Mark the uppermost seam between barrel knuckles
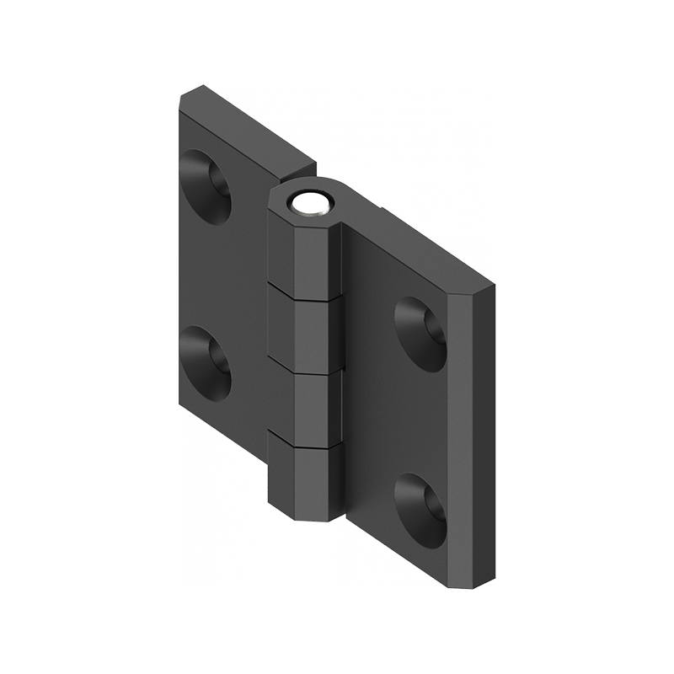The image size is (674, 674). pyautogui.click(x=305, y=290)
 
